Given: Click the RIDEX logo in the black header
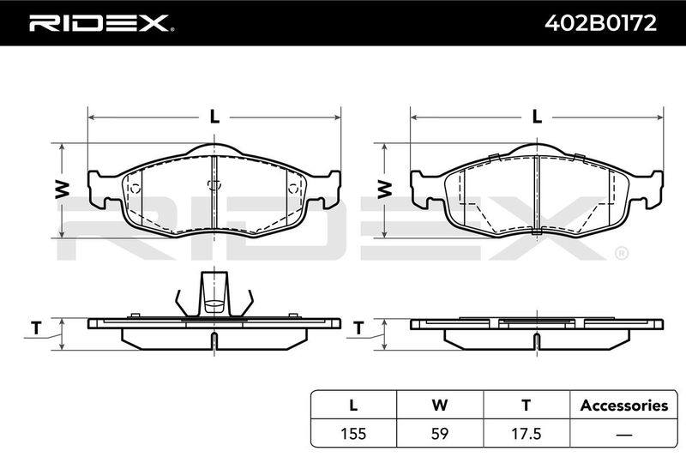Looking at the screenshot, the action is point(101,23).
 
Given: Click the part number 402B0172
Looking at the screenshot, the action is point(600,23).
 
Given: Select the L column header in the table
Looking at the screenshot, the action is point(353,405).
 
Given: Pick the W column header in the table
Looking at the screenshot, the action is point(440,405).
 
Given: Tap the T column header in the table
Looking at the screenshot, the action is point(527,405).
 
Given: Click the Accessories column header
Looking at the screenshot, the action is point(624,406).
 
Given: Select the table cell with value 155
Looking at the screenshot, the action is point(353,433).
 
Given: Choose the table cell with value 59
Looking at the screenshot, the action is point(440,433).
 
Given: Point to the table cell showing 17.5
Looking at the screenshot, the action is point(527,433).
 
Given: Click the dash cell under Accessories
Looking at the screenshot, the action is point(624,435).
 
